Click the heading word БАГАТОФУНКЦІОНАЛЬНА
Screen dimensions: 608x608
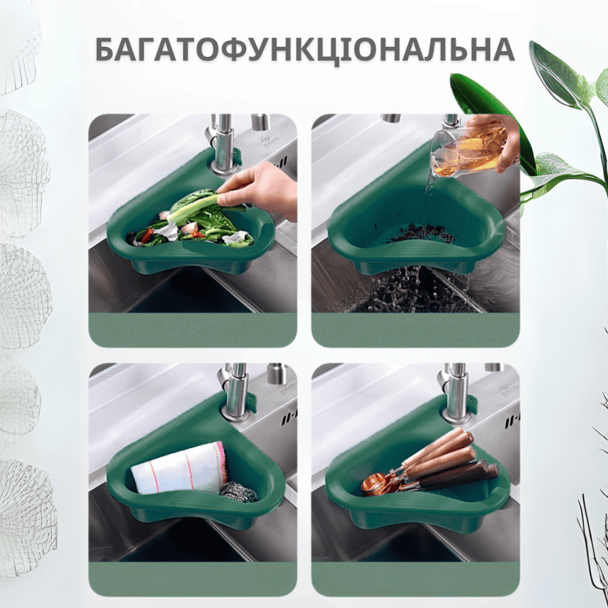(305, 50)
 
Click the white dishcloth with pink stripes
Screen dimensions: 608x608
(179, 468)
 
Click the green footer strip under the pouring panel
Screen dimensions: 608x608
(415, 329)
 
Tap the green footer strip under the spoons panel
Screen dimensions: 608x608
(415, 579)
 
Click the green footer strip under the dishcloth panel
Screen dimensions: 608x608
(193, 579)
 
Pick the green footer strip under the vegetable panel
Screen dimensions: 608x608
(193, 329)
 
